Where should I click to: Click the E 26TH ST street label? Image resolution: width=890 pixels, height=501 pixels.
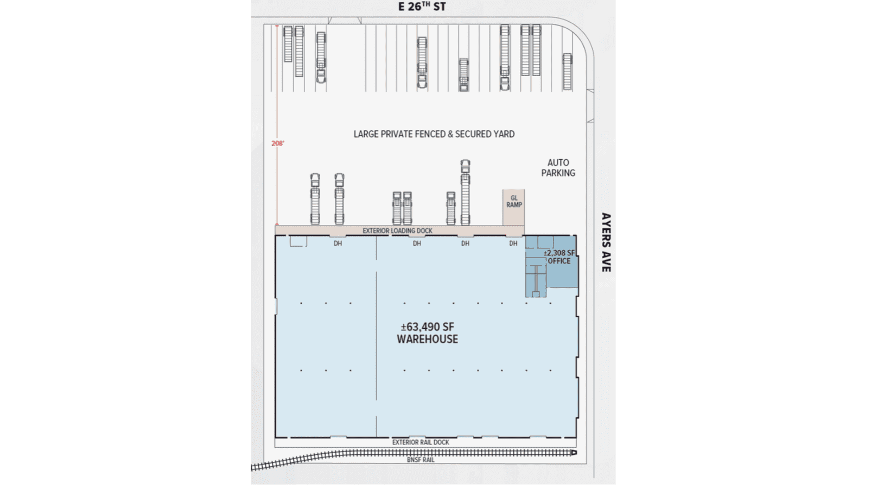422,7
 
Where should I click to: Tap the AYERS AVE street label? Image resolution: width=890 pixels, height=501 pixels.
606,242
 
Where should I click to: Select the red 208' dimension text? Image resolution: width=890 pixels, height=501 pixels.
278,143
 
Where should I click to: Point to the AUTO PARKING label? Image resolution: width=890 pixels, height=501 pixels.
558,167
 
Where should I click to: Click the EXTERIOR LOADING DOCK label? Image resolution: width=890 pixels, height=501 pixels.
397,231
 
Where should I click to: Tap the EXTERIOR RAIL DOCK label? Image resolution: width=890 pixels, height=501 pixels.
421,442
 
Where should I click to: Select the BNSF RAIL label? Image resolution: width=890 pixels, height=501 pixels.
421,460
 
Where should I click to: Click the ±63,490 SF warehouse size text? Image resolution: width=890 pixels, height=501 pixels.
427,327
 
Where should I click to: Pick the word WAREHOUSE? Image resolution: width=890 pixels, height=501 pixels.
427,339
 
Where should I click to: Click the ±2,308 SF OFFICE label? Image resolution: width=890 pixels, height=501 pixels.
559,257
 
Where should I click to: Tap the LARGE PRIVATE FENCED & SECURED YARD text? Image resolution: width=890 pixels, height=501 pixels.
434,134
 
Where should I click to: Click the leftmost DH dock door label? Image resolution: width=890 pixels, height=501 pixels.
338,243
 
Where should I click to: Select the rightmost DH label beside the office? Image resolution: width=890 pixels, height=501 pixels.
513,243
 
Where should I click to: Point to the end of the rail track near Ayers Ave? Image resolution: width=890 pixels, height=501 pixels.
574,452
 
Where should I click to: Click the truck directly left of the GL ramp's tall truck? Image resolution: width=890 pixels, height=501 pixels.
450,208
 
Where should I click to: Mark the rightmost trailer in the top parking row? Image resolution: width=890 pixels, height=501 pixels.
567,71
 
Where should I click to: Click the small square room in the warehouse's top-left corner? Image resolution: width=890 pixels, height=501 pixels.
297,241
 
